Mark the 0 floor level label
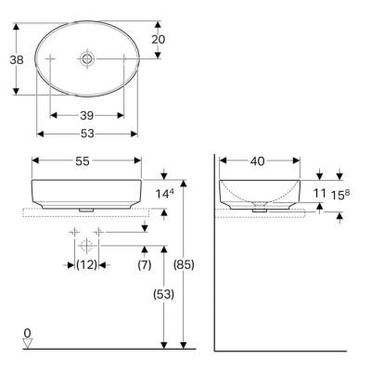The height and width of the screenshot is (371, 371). [x=28, y=332]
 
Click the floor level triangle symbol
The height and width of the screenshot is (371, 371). [x=28, y=343]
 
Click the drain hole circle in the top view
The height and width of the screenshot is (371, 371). [x=86, y=58]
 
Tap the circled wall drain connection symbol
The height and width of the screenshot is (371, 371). [x=86, y=246]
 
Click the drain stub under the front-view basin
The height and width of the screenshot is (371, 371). [x=86, y=210]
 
